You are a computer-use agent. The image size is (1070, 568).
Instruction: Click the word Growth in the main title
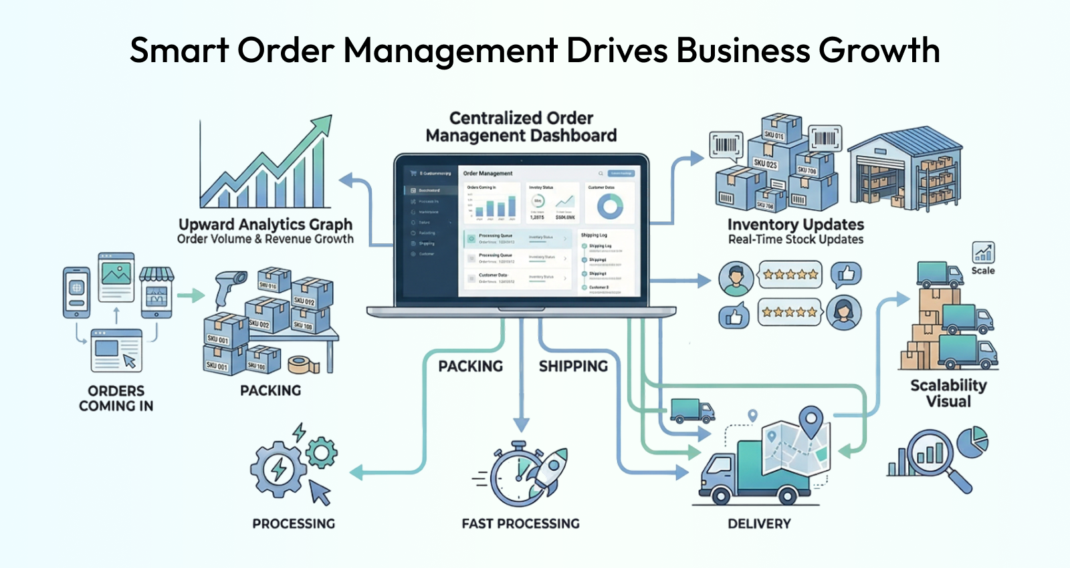879,51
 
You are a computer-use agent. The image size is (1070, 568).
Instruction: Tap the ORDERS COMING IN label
116,398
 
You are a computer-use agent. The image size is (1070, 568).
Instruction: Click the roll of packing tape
302,364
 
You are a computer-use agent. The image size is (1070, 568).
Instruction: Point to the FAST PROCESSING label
520,523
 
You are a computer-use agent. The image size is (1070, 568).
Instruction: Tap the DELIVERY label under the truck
759,524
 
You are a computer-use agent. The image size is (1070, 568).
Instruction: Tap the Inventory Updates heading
795,225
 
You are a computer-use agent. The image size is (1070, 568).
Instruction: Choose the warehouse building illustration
904,169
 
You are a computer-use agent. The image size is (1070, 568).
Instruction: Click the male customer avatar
736,279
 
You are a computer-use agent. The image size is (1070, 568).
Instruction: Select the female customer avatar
843,312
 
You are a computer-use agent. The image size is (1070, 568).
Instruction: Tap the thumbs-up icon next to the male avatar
846,274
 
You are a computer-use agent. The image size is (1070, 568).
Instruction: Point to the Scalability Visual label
948,393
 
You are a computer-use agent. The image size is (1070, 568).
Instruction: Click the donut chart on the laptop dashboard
610,206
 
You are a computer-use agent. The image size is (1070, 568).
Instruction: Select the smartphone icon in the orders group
76,292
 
